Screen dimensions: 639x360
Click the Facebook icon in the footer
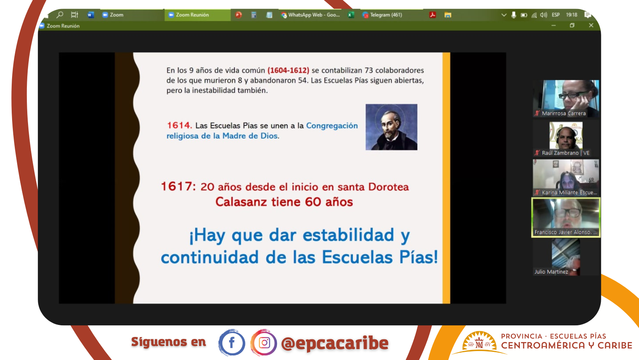[x=231, y=342]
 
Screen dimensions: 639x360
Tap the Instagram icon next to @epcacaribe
[x=264, y=342]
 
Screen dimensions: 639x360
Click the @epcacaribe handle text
[x=335, y=343]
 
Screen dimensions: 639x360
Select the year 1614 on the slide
[x=179, y=125]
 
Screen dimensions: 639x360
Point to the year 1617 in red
[x=178, y=186]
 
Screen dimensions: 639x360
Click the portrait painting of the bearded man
[x=391, y=127]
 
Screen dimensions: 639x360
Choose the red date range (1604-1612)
[x=288, y=70]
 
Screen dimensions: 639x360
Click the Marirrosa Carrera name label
[x=564, y=113]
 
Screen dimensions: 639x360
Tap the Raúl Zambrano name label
[x=565, y=153]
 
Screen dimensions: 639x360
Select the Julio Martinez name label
[x=551, y=272]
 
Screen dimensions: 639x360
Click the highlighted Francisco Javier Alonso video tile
[x=566, y=217]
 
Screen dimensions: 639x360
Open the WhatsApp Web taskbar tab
[x=311, y=15]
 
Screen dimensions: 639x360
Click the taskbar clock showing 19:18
[x=571, y=15]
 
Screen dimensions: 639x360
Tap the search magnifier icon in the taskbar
[x=60, y=14]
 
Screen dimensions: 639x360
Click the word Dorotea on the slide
[x=388, y=187]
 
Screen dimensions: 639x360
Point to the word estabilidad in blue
[x=348, y=235]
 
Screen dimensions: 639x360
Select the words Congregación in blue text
[x=332, y=125]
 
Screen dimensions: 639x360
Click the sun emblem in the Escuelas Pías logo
[x=479, y=341]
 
